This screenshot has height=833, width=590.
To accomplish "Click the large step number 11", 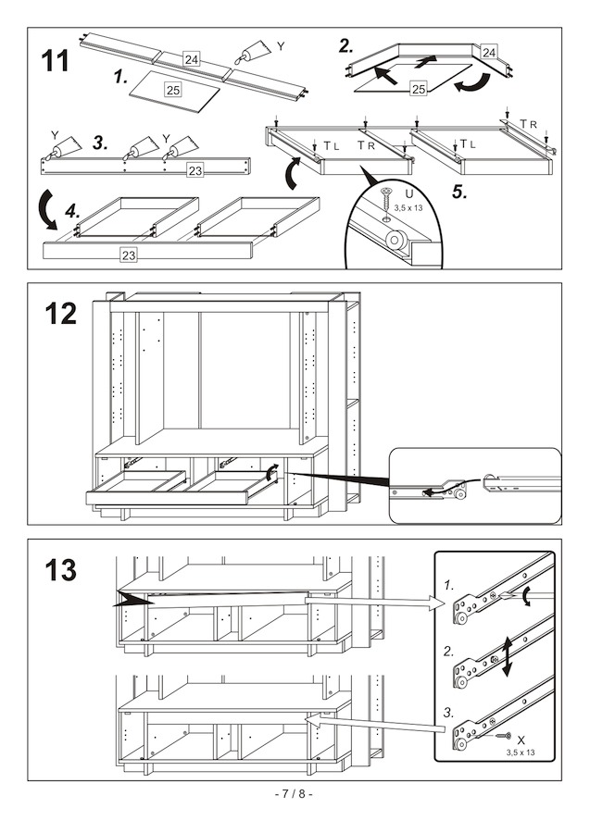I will pos(56,61).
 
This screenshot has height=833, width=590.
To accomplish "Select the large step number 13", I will pos(61,569).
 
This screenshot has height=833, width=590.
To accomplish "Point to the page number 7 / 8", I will pos(295,794).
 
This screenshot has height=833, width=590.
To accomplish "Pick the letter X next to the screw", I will pos(521,740).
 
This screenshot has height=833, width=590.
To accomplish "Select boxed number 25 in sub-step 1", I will pos(172,90).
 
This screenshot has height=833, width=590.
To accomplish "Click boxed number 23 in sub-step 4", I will pos(131,255).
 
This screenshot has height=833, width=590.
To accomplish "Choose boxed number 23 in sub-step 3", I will pos(195,170).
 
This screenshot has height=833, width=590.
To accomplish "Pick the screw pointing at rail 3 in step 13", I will pos(502,737).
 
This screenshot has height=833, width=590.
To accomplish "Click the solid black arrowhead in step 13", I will pos(130,600).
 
